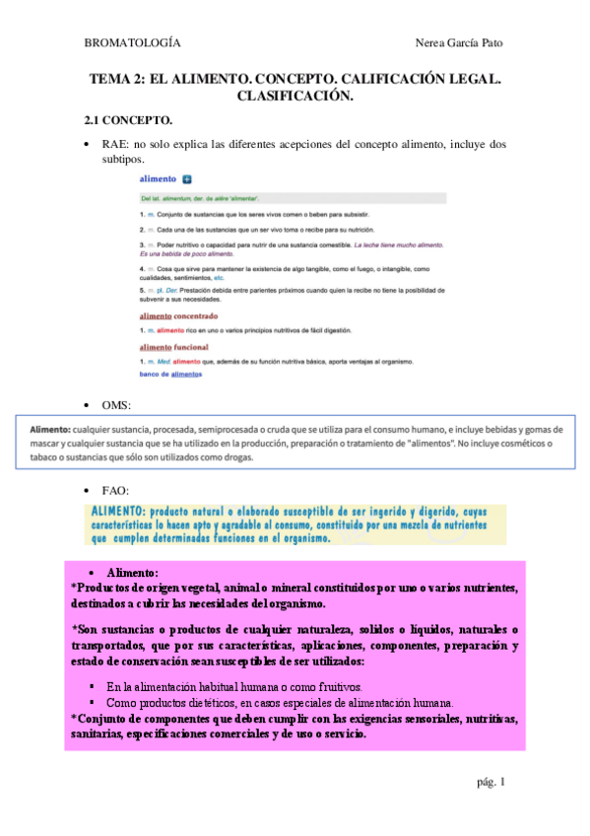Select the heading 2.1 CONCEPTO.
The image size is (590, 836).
(x=128, y=120)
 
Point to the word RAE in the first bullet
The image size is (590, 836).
(x=115, y=144)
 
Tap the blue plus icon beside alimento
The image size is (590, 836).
(x=187, y=180)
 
